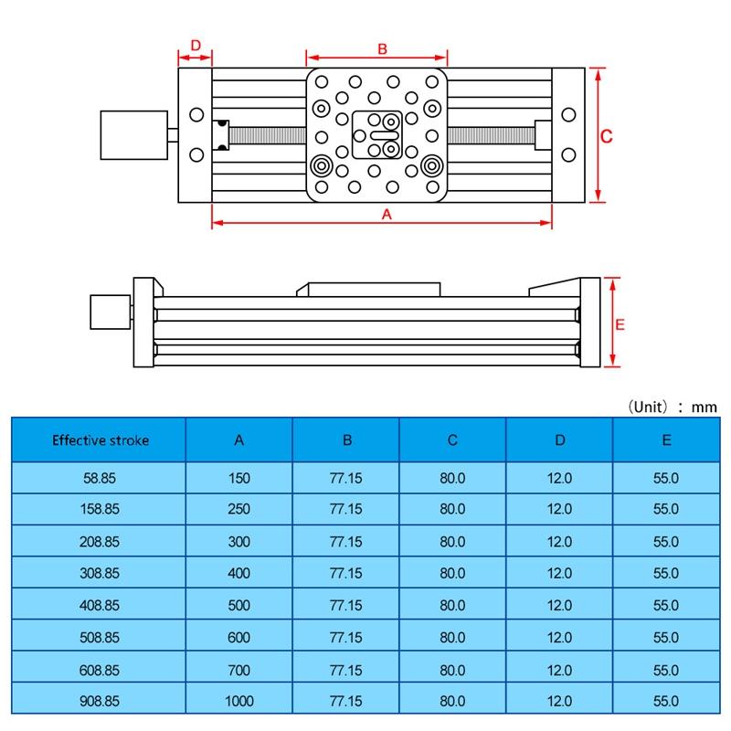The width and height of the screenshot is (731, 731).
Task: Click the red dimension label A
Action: click(x=386, y=214)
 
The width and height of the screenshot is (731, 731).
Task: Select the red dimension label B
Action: click(x=383, y=48)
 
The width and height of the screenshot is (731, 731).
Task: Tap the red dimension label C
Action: click(x=606, y=135)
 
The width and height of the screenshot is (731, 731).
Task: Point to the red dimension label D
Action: click(x=195, y=46)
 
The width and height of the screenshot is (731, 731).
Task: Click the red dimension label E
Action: click(x=619, y=323)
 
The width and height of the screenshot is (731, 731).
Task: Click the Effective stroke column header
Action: click(x=100, y=440)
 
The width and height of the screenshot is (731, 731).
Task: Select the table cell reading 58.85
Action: click(x=100, y=477)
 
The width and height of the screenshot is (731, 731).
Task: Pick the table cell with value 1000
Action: click(x=238, y=701)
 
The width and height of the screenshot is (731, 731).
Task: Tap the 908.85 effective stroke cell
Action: click(x=100, y=701)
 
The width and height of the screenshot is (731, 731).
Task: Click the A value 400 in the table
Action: click(x=238, y=573)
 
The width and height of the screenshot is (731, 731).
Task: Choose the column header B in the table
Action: click(x=346, y=440)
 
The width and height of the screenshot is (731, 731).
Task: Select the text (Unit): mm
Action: click(x=672, y=407)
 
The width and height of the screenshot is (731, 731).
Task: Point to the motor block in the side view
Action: click(x=110, y=312)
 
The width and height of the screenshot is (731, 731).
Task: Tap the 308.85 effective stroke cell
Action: click(x=100, y=573)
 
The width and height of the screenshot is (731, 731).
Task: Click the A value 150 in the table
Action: click(x=238, y=477)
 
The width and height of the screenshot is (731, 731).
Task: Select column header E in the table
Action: click(x=666, y=440)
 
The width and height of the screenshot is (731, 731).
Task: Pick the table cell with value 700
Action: click(x=238, y=670)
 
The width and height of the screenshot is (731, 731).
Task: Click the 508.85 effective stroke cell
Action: click(x=100, y=637)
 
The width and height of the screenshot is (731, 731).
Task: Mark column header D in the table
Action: click(x=559, y=440)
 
